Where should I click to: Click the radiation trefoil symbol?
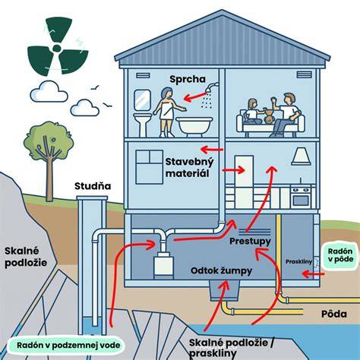[58, 47]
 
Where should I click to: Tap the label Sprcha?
[188, 79]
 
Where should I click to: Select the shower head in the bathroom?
[211, 87]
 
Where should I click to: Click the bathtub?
[194, 127]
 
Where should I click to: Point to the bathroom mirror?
[142, 100]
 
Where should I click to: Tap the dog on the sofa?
[270, 116]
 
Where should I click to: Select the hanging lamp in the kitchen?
[301, 156]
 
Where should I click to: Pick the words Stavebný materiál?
[189, 167]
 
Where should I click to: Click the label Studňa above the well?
[93, 186]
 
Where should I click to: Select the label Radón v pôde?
[340, 255]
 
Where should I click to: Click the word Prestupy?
[250, 241]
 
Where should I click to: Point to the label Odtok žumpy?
[221, 270]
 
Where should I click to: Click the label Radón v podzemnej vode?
[68, 345]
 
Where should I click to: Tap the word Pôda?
[334, 314]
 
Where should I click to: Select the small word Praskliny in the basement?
[298, 262]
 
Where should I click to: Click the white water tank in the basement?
[164, 266]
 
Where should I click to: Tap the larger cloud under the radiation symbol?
[49, 92]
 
